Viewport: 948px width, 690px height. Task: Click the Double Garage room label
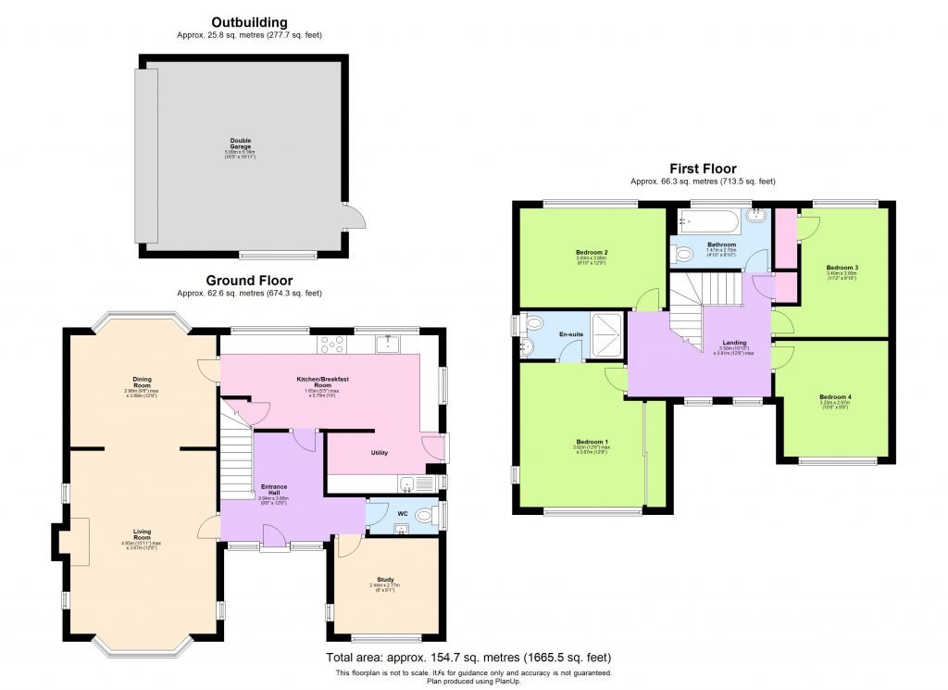(x=241, y=144)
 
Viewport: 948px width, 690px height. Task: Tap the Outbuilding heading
(x=249, y=22)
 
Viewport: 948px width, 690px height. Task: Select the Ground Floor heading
(x=249, y=281)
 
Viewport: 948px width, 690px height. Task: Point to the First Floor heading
(x=703, y=169)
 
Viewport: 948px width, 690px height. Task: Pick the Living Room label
(x=142, y=534)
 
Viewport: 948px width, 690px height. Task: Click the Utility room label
(x=380, y=453)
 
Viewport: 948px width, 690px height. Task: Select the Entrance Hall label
(x=274, y=489)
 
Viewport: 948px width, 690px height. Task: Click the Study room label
(x=382, y=580)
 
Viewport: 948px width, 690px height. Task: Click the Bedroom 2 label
(x=591, y=252)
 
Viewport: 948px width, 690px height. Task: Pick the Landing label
(x=735, y=343)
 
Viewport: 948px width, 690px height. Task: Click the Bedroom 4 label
(x=836, y=397)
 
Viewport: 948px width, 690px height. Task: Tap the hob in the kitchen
(x=331, y=344)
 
